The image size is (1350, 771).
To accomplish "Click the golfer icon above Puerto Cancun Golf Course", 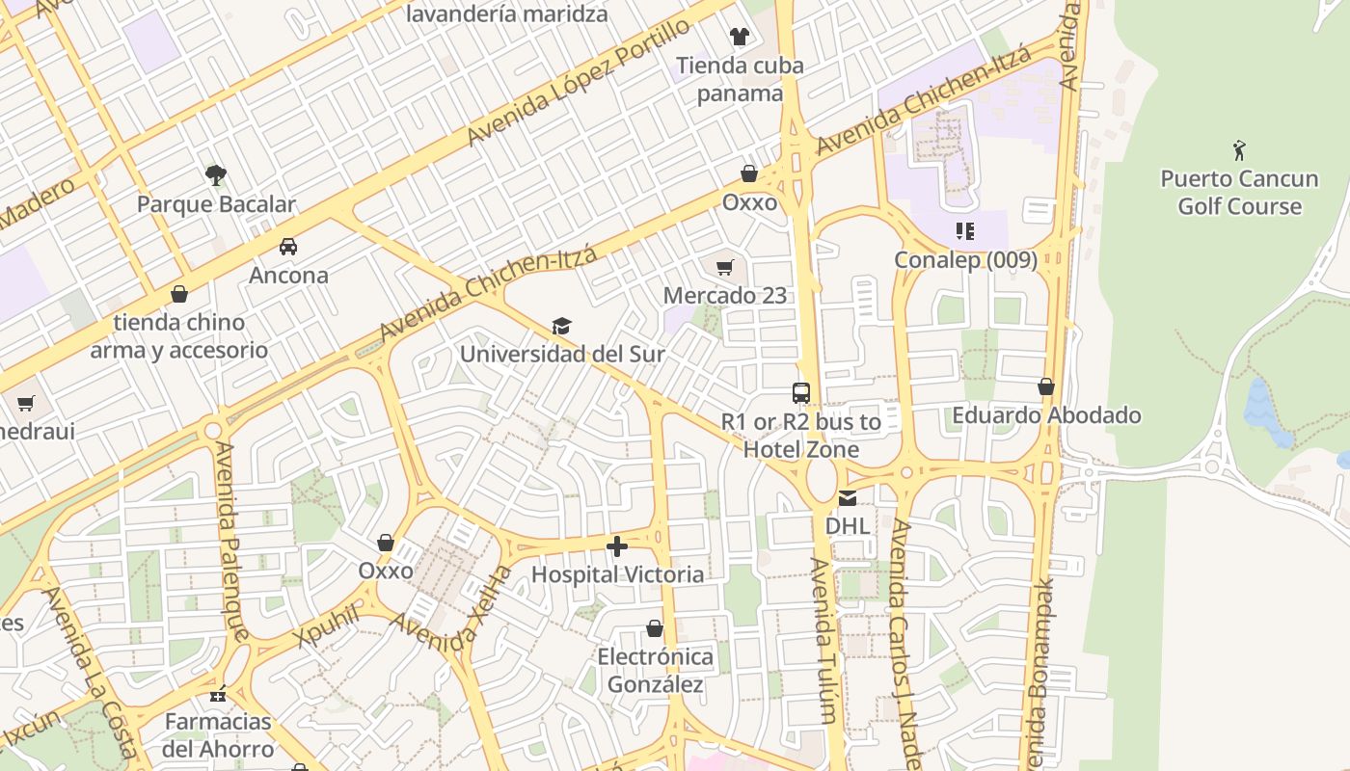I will [x=1239, y=150].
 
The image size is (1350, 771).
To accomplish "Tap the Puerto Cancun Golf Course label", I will [x=1239, y=193].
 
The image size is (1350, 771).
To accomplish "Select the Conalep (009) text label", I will [x=965, y=260].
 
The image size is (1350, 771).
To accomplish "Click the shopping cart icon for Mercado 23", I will [x=725, y=267].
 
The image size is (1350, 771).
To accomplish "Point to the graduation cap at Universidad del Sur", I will [x=561, y=326].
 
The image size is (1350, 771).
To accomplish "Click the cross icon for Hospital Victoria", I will [x=617, y=546].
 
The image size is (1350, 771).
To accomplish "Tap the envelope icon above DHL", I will [x=847, y=498].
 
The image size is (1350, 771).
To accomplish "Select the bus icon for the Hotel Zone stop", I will [x=800, y=393].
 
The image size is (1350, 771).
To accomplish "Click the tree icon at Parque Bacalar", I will [x=216, y=174].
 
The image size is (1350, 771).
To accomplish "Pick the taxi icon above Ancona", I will [x=288, y=247].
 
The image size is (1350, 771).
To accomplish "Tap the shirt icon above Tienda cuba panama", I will [x=739, y=37].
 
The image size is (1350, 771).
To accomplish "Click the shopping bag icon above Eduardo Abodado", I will [x=1046, y=387].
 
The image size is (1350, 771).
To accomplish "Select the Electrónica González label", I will [x=656, y=671].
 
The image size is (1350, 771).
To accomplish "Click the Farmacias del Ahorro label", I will [x=218, y=735].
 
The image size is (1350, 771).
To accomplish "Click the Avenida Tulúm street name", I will [x=822, y=641].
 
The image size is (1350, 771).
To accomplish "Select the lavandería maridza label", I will [x=506, y=13].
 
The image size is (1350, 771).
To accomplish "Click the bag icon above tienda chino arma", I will [x=178, y=294].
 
